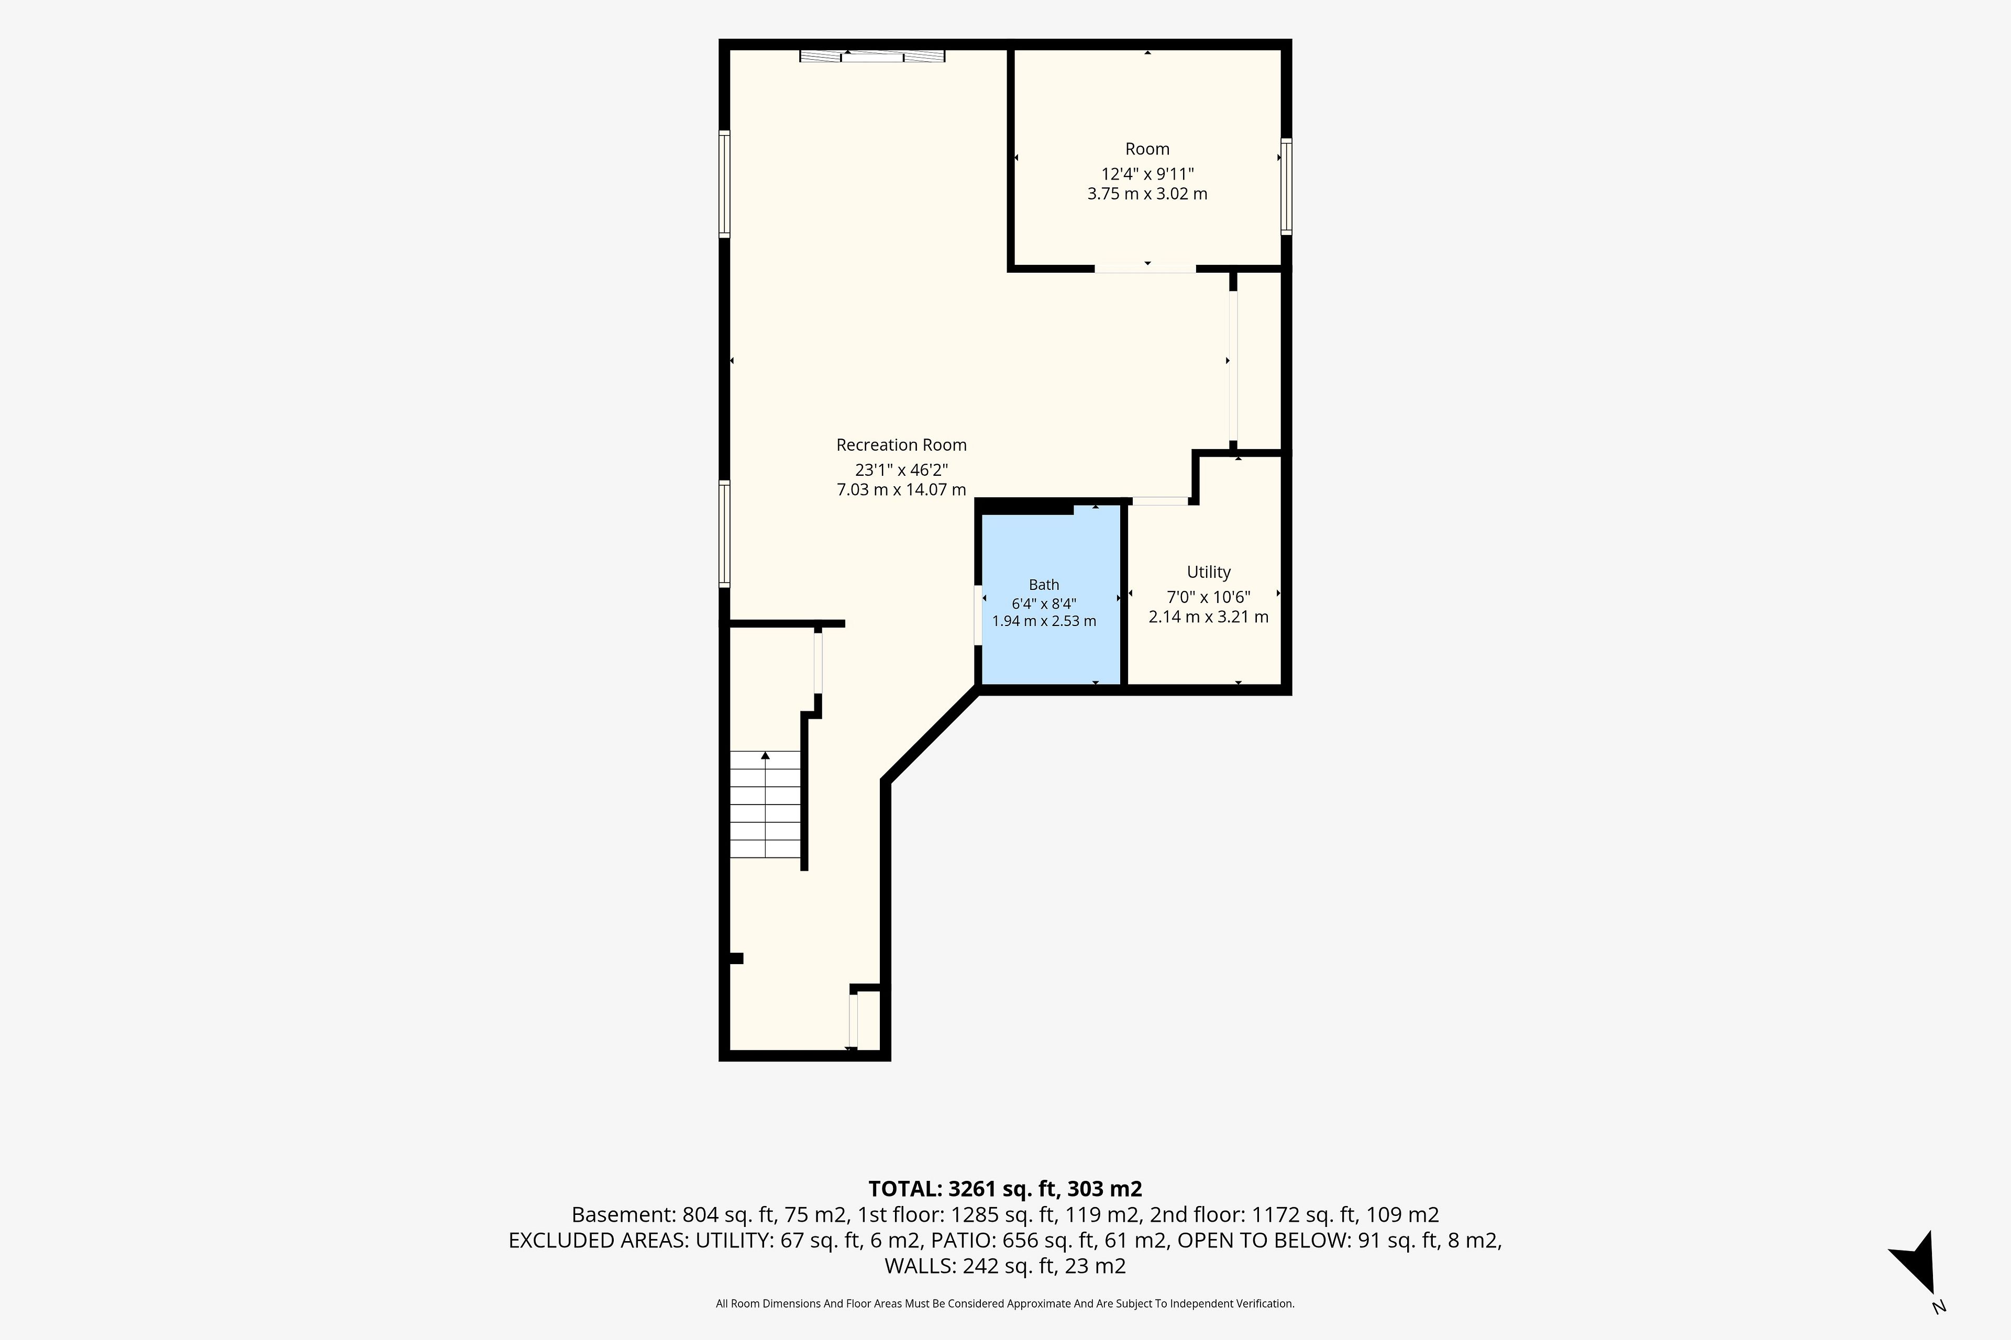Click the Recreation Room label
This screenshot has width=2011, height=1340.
click(x=901, y=444)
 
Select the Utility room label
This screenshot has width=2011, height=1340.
click(x=1208, y=572)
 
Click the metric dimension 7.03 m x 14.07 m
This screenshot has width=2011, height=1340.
click(x=901, y=490)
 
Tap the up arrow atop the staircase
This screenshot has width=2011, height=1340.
click(x=765, y=755)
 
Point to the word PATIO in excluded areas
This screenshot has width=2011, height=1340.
click(x=963, y=1240)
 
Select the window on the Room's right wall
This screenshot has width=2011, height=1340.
click(x=1286, y=186)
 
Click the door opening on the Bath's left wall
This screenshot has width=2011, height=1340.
click(x=978, y=615)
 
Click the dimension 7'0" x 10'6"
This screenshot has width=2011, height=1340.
click(x=1208, y=597)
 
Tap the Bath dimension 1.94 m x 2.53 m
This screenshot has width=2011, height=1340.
click(x=1044, y=621)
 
